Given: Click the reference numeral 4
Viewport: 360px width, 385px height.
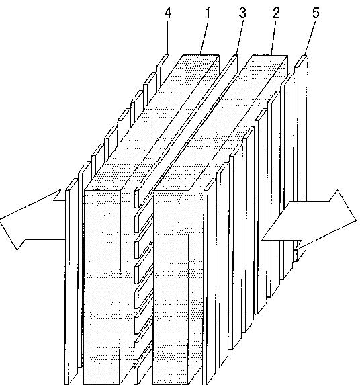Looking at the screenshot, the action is click(168, 13).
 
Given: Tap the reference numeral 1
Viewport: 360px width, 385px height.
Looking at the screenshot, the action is click(208, 13).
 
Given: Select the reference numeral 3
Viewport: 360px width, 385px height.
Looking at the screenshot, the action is click(242, 13).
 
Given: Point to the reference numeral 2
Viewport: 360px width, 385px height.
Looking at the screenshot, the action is click(276, 13).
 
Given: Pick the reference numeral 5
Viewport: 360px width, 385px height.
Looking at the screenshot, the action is click(316, 13).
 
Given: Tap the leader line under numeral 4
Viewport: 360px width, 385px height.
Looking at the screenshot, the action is click(168, 38).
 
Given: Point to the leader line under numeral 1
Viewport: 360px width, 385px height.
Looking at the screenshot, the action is click(204, 38).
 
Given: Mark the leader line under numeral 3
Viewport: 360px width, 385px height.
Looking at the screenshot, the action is click(240, 38).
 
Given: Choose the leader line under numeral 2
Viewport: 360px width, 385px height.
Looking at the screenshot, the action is click(273, 38).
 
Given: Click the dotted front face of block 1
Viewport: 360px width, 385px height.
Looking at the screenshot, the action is click(102, 288).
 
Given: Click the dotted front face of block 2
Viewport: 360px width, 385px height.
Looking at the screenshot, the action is click(171, 288).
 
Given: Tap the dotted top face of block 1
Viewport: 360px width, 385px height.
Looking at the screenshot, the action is click(152, 122).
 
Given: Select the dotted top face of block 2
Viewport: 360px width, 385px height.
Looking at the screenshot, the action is click(221, 122).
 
